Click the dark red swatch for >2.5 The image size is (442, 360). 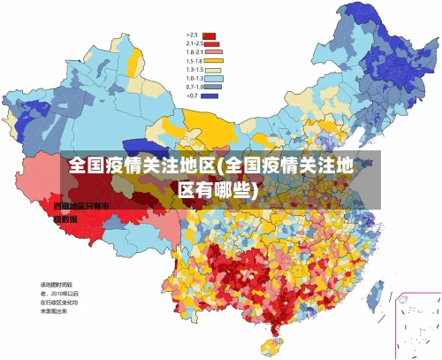(210, 35)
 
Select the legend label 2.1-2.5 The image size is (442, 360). (194, 43)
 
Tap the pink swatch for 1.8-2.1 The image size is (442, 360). (211, 51)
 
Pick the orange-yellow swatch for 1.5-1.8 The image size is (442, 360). (213, 60)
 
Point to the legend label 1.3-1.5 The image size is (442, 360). (194, 69)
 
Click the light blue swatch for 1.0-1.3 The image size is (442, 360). (213, 78)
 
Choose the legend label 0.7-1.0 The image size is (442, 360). (194, 87)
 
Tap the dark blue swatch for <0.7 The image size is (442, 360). (210, 96)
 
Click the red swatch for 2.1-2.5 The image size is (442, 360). (211, 43)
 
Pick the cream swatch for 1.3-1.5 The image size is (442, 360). (213, 69)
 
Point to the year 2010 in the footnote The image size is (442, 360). (62, 293)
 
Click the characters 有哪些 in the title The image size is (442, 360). (227, 189)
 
